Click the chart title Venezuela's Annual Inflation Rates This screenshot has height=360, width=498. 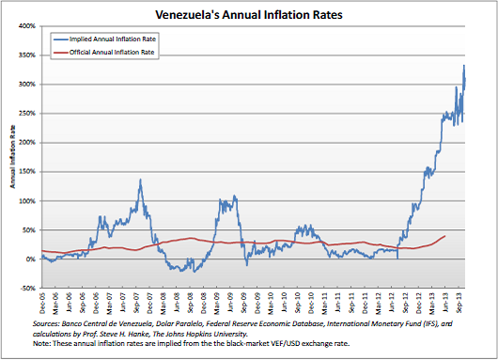click(x=248, y=15)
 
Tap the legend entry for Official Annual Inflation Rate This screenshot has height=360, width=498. click(x=104, y=54)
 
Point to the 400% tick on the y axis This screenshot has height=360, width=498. click(x=27, y=26)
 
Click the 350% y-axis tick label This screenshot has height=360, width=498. click(x=27, y=55)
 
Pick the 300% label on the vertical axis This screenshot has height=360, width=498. click(x=27, y=85)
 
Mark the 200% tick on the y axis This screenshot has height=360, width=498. click(x=27, y=143)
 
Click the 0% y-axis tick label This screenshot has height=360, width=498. click(x=31, y=259)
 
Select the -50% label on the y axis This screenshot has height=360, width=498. click(x=28, y=289)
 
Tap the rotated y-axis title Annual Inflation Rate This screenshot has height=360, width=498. click(x=11, y=157)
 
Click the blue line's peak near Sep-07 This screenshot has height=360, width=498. click(x=140, y=180)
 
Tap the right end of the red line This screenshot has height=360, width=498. click(x=444, y=236)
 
